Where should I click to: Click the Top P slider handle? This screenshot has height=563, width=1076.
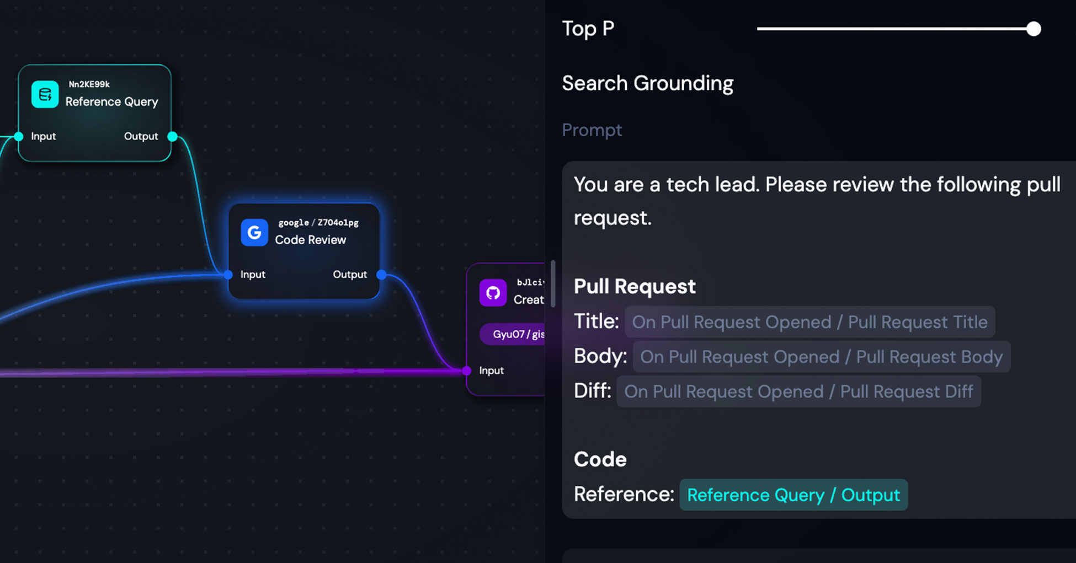(1034, 29)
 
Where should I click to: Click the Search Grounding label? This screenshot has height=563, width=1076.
(647, 83)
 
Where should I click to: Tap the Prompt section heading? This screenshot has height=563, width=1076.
(592, 130)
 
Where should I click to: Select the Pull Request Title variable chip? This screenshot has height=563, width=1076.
(809, 322)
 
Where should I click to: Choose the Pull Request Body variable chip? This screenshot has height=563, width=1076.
(821, 357)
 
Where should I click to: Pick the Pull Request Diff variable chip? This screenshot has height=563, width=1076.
(798, 392)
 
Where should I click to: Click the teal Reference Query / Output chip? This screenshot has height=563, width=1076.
(793, 495)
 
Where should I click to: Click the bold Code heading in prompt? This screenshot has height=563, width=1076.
(600, 459)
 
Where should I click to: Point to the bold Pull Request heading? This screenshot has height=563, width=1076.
(635, 287)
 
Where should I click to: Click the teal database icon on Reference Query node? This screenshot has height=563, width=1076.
(45, 94)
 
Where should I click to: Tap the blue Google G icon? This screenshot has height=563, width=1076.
(254, 233)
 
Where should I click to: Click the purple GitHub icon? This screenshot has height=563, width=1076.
(493, 292)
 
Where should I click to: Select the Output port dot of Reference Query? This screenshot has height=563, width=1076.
(172, 136)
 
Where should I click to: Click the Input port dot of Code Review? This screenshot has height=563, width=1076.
(228, 275)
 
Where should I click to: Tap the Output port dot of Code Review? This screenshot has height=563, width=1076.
(381, 275)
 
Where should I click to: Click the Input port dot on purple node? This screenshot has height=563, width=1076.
(467, 371)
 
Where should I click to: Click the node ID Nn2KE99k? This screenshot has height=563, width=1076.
(89, 84)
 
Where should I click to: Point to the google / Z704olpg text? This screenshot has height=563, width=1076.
(318, 223)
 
